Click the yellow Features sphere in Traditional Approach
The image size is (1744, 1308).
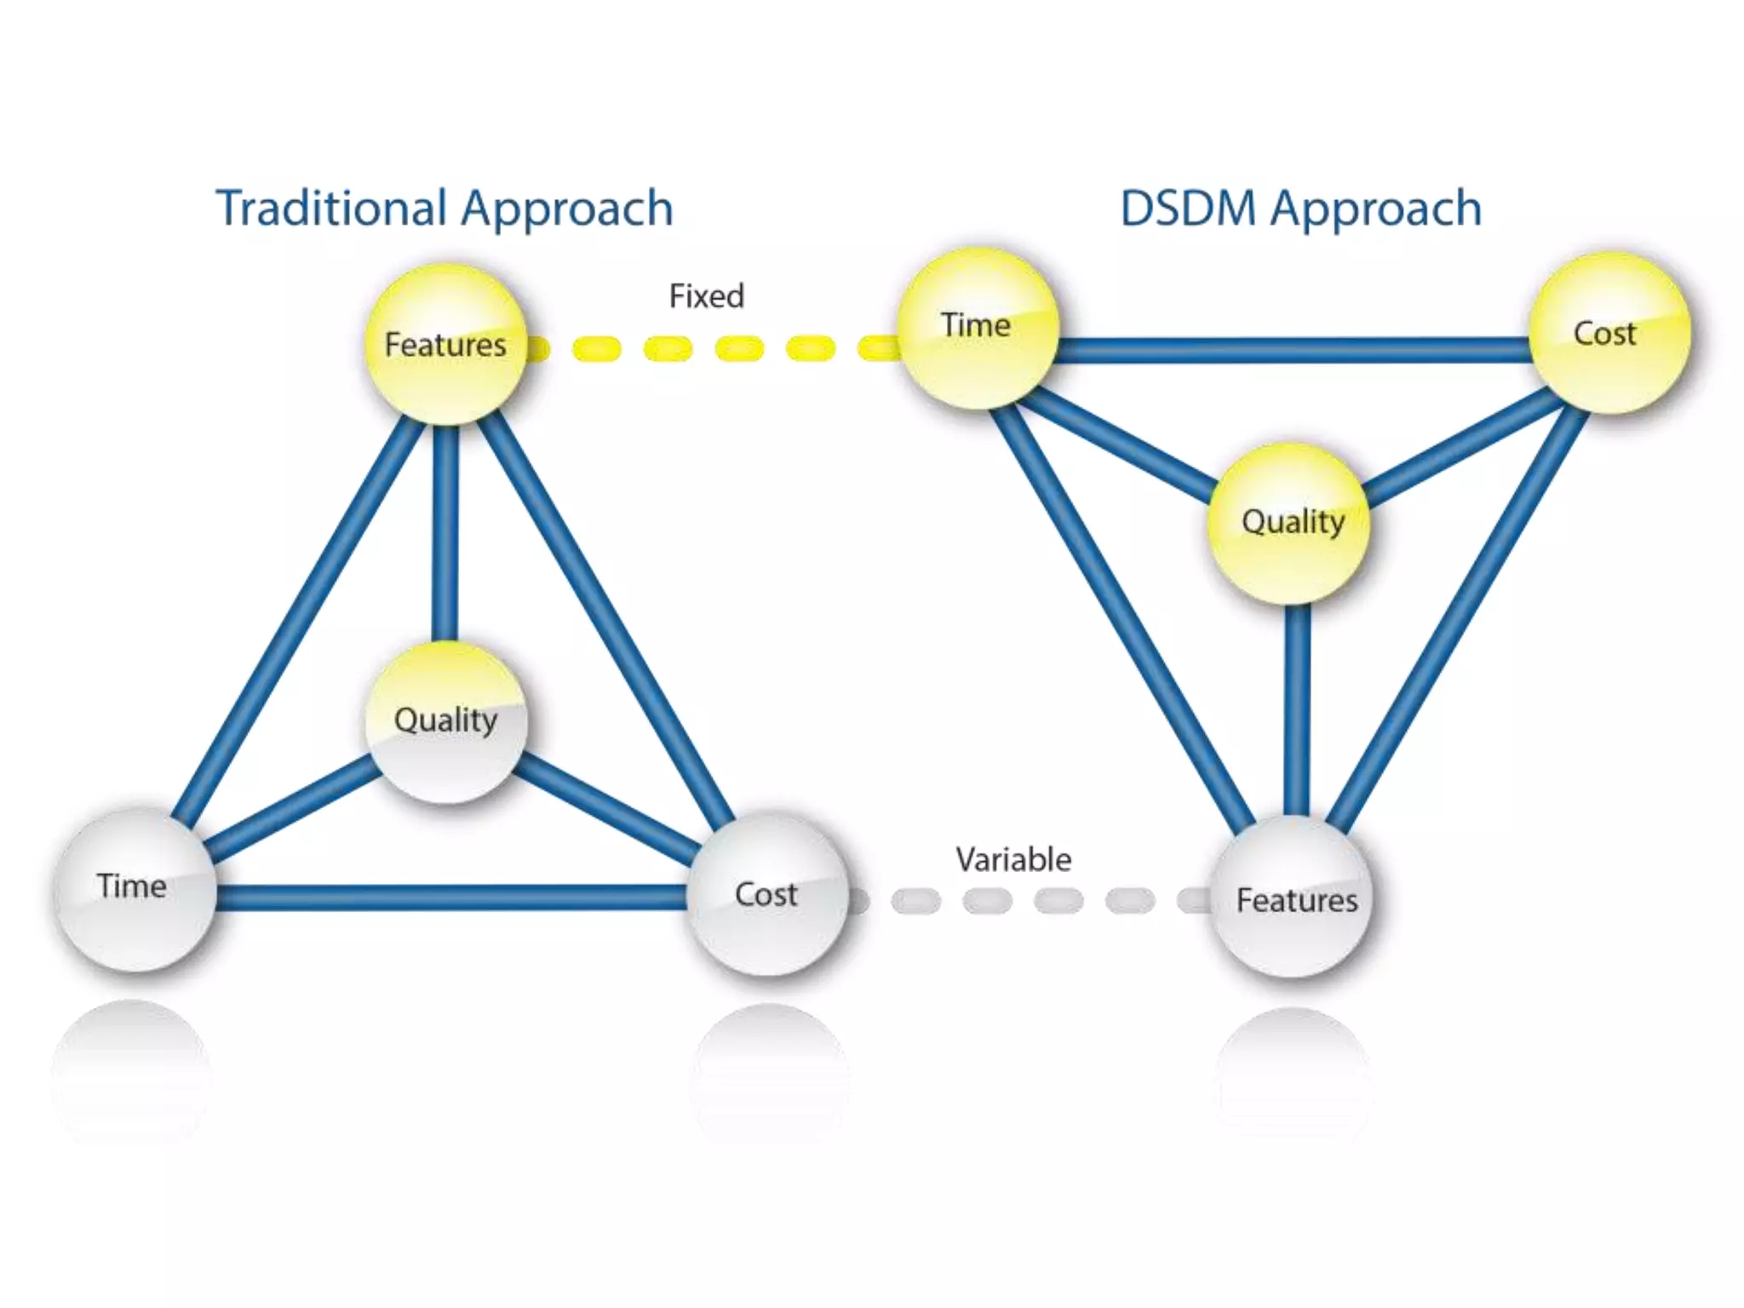pos(445,345)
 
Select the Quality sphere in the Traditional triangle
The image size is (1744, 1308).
pos(445,721)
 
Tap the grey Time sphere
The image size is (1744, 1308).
pos(134,889)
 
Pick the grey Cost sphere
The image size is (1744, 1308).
pos(767,894)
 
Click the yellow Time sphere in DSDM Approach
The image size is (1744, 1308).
pos(977,328)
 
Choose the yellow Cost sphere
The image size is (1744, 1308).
pos(1609,333)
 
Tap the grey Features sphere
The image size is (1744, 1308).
pos(1294,899)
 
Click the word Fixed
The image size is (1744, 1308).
pos(706,296)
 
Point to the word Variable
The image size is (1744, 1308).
pos(1013,859)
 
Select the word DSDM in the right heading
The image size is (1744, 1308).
pos(1188,209)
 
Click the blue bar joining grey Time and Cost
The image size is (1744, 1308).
pos(451,898)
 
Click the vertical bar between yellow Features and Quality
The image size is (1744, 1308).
pos(445,532)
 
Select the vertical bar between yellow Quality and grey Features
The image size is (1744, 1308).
pos(1297,711)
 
